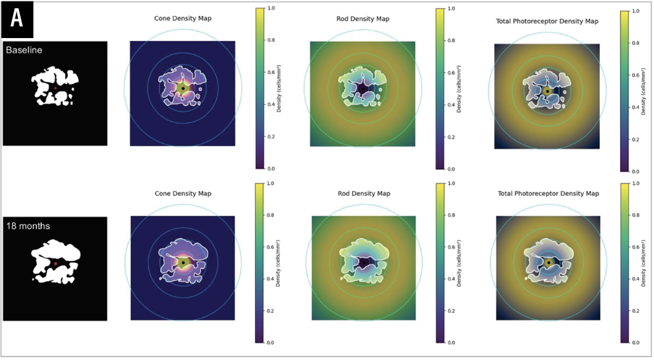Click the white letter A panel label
[17, 19]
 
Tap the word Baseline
[24, 50]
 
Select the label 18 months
[28, 226]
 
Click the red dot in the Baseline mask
[55, 89]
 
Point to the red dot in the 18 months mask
[55, 264]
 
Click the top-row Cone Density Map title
[183, 18]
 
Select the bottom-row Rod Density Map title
[364, 193]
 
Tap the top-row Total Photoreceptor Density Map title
[547, 21]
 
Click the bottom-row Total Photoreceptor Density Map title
[549, 193]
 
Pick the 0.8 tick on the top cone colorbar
[271, 40]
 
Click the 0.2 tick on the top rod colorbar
[451, 137]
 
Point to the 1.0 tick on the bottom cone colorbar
[270, 183]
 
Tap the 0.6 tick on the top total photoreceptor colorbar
[636, 75]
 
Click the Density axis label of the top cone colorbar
[279, 89]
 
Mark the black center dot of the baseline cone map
[183, 89]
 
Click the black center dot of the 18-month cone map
[183, 263]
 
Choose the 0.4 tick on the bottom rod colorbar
[451, 279]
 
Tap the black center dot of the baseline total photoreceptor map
[547, 91]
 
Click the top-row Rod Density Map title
[363, 19]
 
